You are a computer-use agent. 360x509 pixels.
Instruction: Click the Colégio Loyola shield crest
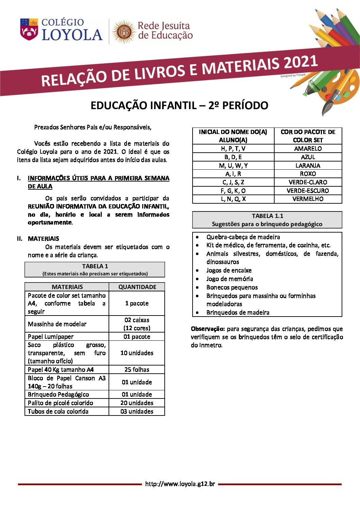[29, 30]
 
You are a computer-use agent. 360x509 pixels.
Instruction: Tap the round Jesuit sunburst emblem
[124, 32]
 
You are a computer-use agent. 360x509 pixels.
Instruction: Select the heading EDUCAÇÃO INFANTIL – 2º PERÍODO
[179, 106]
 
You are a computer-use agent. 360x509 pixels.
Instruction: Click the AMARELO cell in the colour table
[308, 149]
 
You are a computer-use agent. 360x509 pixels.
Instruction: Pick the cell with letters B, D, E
[233, 157]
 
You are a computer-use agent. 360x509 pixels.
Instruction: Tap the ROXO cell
[308, 174]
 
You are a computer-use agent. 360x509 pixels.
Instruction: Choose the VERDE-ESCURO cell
[308, 191]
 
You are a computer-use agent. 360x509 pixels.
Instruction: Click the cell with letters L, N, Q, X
[233, 199]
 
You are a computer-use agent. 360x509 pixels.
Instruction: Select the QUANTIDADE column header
[137, 287]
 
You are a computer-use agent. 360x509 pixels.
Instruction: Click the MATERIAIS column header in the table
[67, 287]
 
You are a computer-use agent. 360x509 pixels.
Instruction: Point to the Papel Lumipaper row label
[51, 337]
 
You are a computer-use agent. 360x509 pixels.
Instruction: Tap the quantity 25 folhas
[137, 370]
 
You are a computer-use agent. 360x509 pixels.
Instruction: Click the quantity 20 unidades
[137, 403]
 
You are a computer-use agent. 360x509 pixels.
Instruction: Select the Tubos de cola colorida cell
[58, 411]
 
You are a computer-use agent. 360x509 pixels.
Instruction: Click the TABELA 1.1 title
[267, 216]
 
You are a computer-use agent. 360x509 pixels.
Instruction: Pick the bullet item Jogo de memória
[230, 279]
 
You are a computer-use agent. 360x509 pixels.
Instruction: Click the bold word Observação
[208, 329]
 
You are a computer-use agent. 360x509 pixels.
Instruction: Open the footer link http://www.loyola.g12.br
[180, 484]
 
